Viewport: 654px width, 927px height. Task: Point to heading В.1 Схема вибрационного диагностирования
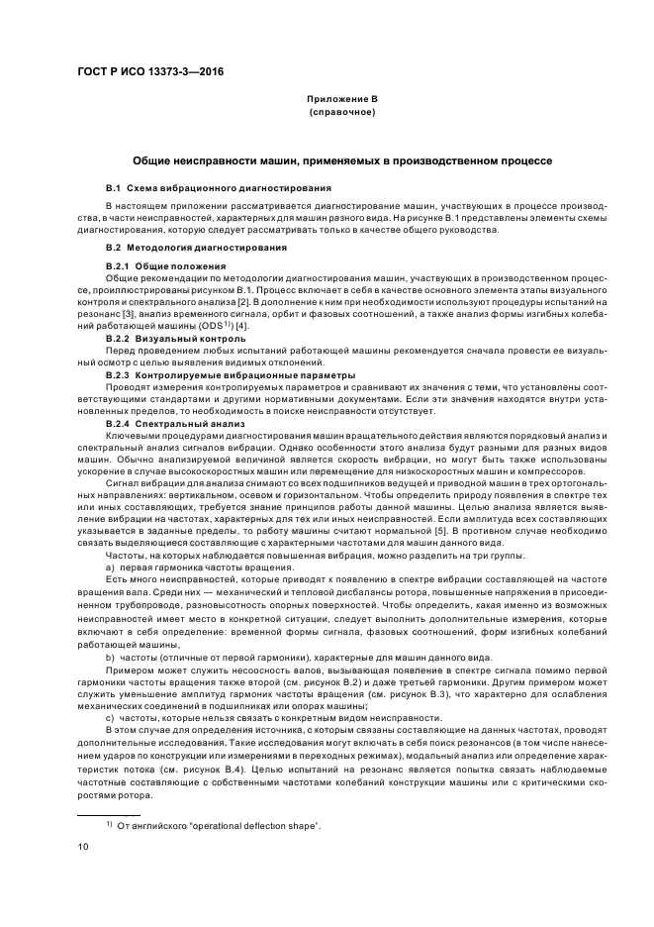[x=219, y=188]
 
